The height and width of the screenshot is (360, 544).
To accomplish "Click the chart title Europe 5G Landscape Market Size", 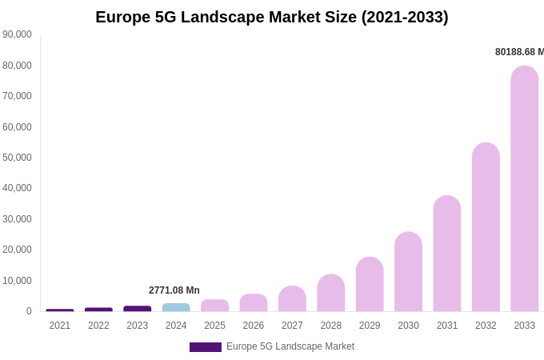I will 272,17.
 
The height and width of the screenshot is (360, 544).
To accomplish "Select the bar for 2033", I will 525,189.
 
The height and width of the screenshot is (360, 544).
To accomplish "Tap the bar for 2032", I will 486,227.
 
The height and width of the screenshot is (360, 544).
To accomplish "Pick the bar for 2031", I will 447,254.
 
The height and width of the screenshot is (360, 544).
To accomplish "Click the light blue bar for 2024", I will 176,307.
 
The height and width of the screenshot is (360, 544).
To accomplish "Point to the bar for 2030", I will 408,272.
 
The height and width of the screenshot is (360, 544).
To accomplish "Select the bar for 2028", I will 331,293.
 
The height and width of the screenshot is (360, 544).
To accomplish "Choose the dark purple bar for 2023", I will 138,309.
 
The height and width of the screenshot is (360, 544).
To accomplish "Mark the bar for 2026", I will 254,303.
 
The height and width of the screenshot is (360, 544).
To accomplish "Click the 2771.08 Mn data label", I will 174,290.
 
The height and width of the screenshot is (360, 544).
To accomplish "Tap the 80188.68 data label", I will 519,52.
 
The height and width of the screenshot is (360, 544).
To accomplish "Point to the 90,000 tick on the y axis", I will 18,34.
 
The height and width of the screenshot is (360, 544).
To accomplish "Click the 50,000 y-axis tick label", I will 18,158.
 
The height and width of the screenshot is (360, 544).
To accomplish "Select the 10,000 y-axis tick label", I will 18,281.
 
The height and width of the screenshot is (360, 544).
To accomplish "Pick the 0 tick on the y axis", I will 29,311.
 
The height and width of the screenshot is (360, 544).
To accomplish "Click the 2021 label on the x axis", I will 60,326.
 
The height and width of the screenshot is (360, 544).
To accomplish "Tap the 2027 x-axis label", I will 292,326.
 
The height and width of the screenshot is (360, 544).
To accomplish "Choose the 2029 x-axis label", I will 370,326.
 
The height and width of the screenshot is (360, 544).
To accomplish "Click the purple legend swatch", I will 206,347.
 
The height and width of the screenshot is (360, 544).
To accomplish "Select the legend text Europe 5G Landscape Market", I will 290,346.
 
